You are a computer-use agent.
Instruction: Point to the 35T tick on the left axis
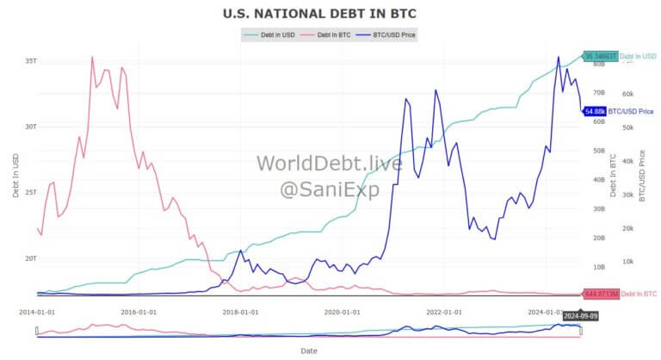click(30, 61)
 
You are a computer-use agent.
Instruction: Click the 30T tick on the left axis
click(30, 127)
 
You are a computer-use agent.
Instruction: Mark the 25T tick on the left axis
click(30, 192)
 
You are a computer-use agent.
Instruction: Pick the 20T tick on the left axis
click(30, 258)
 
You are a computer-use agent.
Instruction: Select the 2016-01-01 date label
click(139, 312)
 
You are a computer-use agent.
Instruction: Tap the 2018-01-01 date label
click(240, 312)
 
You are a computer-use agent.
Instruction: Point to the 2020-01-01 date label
click(342, 312)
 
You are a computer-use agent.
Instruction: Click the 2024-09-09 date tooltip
click(565, 316)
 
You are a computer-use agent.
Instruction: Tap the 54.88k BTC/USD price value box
click(594, 111)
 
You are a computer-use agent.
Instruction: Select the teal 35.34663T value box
click(600, 57)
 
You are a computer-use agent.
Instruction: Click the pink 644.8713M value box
click(601, 295)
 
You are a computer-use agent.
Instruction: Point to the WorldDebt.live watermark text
click(330, 163)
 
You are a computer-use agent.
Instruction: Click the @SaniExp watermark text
click(330, 189)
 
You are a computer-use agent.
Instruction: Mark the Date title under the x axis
click(309, 351)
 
